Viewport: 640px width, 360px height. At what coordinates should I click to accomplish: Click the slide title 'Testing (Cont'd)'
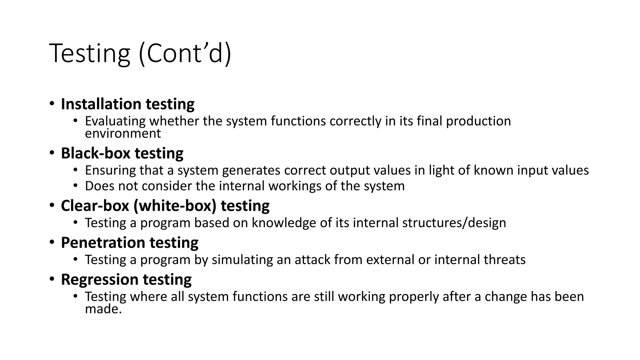click(140, 53)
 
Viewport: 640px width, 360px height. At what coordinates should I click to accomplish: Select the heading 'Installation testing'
click(127, 104)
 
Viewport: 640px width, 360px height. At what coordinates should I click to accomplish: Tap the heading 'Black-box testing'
click(122, 153)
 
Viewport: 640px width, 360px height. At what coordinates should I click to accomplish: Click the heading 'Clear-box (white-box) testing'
click(165, 206)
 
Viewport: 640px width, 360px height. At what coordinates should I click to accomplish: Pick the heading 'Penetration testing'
click(129, 243)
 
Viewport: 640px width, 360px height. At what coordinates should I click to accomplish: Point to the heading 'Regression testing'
click(126, 280)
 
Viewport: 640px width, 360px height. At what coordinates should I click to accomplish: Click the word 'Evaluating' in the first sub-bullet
click(115, 121)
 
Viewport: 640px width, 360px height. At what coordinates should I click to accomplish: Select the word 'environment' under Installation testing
click(123, 134)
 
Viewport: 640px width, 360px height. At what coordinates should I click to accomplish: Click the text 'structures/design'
click(454, 223)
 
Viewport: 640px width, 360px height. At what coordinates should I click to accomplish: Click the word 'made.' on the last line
click(103, 309)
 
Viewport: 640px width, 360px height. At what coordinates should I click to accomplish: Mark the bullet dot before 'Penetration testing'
click(52, 242)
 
